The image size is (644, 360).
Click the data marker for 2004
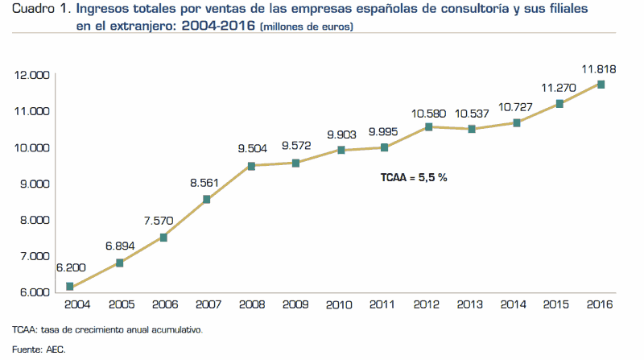click(70, 286)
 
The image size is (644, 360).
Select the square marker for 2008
click(251, 166)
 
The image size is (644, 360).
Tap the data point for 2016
click(601, 85)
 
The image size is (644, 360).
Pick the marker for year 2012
click(428, 126)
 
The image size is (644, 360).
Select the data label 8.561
click(206, 183)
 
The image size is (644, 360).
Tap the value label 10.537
click(472, 112)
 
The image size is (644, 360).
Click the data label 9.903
click(341, 134)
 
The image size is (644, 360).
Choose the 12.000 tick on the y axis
click(32, 75)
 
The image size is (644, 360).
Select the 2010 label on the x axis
click(338, 305)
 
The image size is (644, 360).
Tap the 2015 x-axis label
click(556, 305)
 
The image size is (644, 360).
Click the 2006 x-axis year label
click(163, 305)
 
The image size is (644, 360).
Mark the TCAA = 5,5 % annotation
click(414, 176)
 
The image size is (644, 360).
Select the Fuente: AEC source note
click(38, 350)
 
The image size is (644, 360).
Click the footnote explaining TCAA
click(107, 330)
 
